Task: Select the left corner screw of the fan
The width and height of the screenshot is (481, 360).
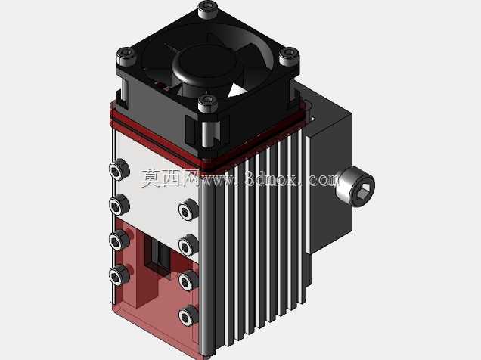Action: pos(126,56)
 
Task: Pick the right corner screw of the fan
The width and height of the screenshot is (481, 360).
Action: pos(289,56)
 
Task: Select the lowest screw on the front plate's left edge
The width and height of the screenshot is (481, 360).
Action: pos(119,275)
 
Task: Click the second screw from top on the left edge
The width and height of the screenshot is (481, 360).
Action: pos(119,205)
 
